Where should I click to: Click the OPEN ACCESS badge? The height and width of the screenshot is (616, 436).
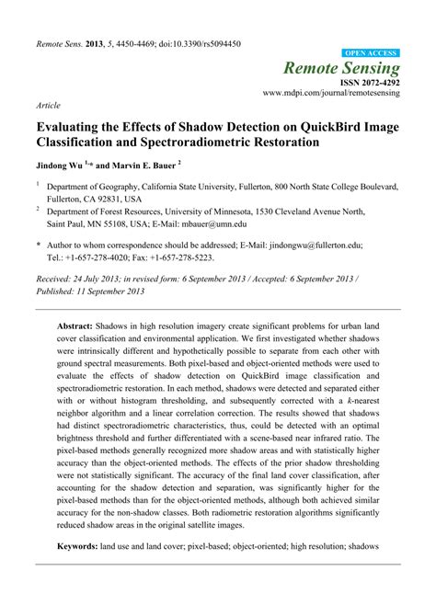371,54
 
